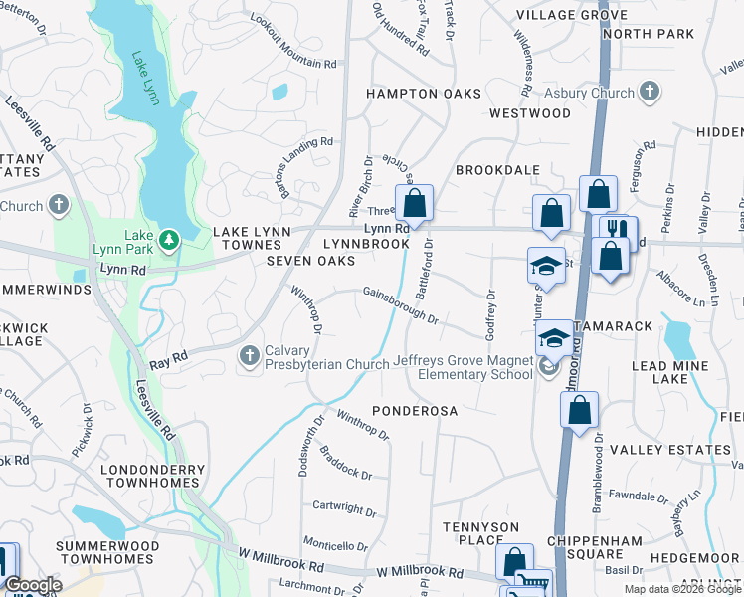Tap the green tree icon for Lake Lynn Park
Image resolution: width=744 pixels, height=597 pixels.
pyautogui.click(x=170, y=239)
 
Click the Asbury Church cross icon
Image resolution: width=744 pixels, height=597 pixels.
pyautogui.click(x=650, y=93)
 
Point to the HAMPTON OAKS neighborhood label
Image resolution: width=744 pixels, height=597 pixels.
pyautogui.click(x=424, y=94)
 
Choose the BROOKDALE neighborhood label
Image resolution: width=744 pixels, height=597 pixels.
pyautogui.click(x=496, y=170)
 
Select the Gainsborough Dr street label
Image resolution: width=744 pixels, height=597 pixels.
pyautogui.click(x=401, y=305)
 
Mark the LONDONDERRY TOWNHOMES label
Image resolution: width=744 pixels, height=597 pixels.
pyautogui.click(x=152, y=477)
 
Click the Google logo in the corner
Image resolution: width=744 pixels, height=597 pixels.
pyautogui.click(x=33, y=585)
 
